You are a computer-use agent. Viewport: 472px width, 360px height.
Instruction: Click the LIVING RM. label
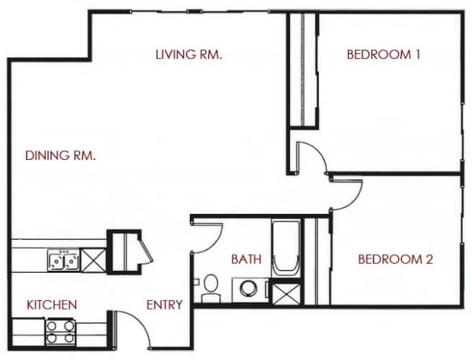[x=188, y=54]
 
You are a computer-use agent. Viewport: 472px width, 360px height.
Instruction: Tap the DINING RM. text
[x=60, y=155]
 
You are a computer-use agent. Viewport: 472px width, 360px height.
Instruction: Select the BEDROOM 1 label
[x=383, y=54]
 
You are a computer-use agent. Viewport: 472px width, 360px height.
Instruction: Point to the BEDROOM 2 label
[x=395, y=259]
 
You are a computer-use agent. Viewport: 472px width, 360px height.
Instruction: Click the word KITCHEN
[x=52, y=305]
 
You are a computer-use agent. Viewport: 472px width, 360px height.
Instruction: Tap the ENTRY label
[x=164, y=305]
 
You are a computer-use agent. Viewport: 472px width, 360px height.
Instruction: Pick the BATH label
[x=246, y=259]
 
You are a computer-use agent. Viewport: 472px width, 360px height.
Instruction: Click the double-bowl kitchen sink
[x=63, y=259]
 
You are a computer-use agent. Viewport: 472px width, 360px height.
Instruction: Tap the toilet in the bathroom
[x=211, y=287]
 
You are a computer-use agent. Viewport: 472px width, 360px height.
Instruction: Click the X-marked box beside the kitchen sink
[x=93, y=259]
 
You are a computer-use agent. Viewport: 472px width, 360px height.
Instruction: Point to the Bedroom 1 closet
[x=302, y=68]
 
